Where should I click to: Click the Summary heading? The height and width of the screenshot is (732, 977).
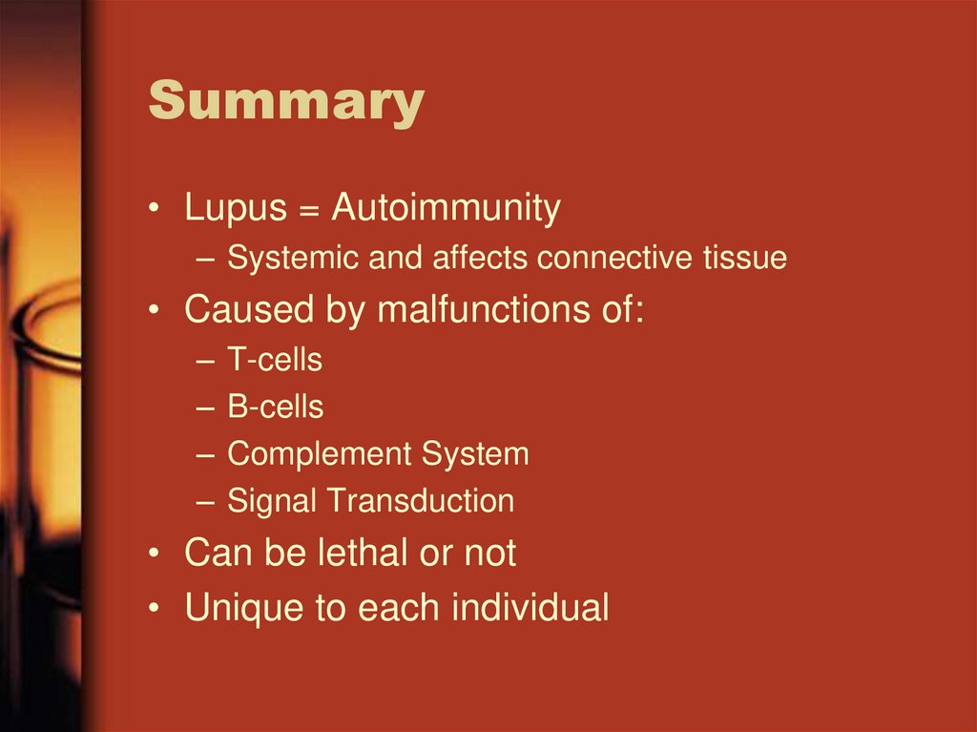286,102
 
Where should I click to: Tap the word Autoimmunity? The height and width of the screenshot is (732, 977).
446,209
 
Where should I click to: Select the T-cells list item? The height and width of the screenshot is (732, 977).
275,360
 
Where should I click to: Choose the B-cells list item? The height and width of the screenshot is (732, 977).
275,408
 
